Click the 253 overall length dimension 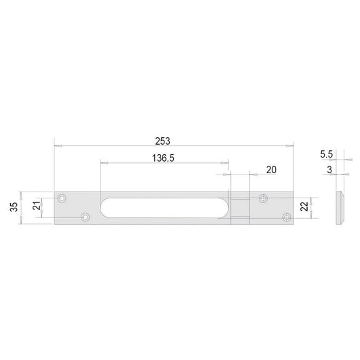[x=162, y=141]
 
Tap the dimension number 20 [x=272, y=170]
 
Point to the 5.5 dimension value [x=327, y=155]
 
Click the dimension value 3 [x=329, y=170]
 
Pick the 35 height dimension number [x=14, y=207]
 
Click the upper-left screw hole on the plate [x=62, y=199]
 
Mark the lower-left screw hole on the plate [x=86, y=217]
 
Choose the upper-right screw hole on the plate [x=264, y=199]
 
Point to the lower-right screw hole [x=286, y=217]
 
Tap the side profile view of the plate [x=339, y=209]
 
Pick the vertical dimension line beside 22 [x=315, y=208]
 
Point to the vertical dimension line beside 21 [x=47, y=207]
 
